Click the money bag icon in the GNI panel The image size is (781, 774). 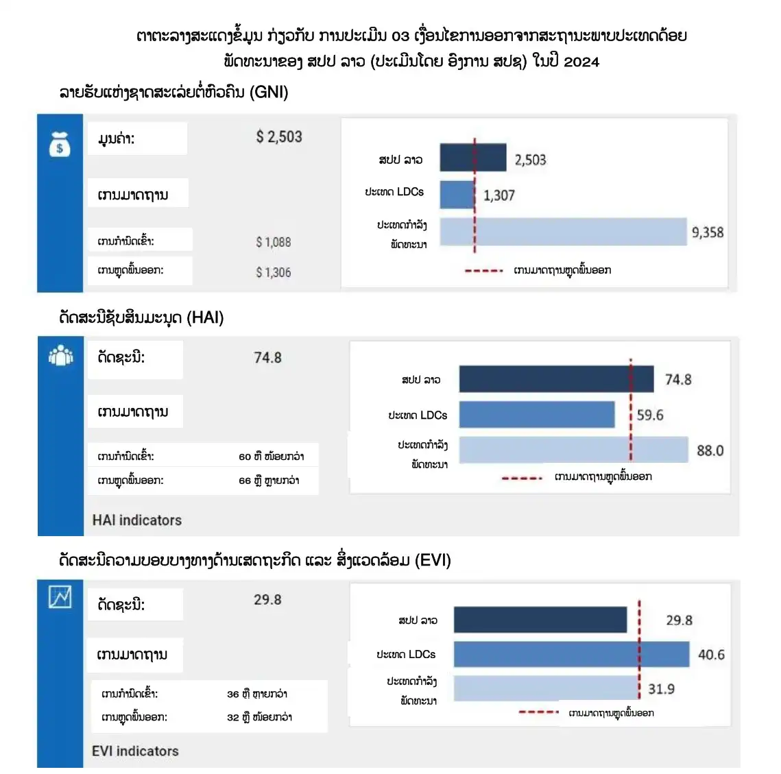tap(60, 144)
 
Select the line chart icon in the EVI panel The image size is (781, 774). tap(60, 597)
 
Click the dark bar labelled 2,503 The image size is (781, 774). tap(472, 158)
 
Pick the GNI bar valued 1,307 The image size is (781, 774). tap(457, 195)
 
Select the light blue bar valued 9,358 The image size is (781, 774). tap(563, 232)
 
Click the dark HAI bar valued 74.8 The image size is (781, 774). tap(556, 379)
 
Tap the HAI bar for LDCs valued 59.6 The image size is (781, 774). tap(537, 415)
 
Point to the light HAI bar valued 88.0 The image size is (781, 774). tap(573, 450)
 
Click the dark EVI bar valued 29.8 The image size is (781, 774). tap(540, 620)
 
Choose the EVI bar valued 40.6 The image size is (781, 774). tap(571, 654)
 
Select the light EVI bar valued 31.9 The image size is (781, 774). tap(546, 688)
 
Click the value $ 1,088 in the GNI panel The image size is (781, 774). tap(274, 242)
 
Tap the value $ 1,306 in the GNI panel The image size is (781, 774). tap(274, 272)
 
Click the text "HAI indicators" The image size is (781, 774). tap(137, 520)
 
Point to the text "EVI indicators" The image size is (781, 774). tap(135, 751)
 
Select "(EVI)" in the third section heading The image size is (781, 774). tap(433, 560)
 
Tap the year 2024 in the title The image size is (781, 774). tap(581, 62)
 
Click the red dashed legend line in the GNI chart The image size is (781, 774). tap(484, 271)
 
